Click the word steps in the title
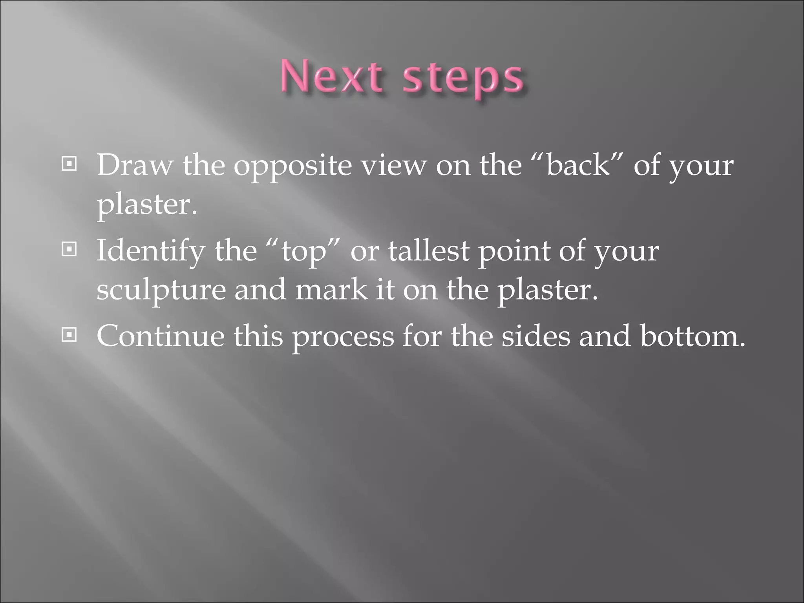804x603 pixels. point(463,79)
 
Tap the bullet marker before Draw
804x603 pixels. point(69,164)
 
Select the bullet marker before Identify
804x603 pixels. point(69,249)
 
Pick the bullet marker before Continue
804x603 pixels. point(69,335)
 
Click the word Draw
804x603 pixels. point(135,165)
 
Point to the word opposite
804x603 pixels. point(292,167)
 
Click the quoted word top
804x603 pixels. point(304,252)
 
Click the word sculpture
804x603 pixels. point(161,291)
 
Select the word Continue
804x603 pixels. point(160,336)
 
